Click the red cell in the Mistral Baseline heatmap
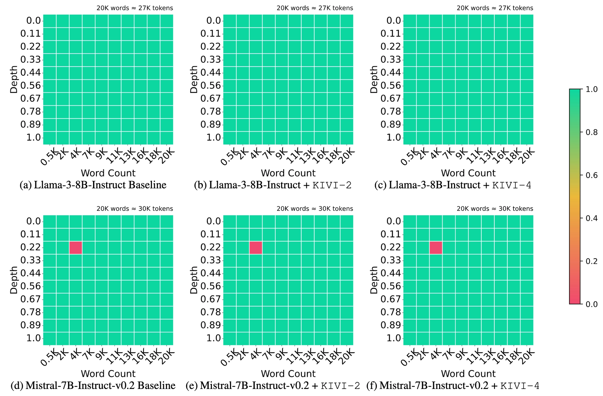76,247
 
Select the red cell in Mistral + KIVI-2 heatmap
256,247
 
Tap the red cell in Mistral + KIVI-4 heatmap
436,247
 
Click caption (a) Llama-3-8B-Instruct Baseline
93,185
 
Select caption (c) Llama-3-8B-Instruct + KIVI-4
453,185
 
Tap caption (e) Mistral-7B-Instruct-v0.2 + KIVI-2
273,386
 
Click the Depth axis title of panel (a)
14,79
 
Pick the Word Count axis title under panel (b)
288,173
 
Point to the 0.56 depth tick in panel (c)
391,86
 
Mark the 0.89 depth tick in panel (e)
211,325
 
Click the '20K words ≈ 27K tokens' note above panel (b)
314,8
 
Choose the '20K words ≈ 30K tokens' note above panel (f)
495,209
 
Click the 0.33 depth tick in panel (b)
211,60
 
